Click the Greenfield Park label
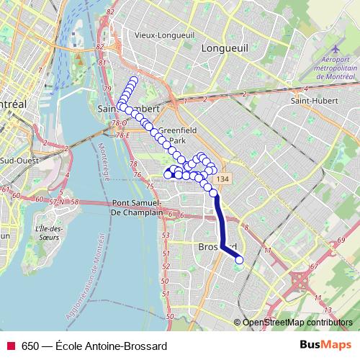coord(173,135)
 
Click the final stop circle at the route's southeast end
coord(239,260)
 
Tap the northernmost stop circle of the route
coord(134,79)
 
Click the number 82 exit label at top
coord(109,13)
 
